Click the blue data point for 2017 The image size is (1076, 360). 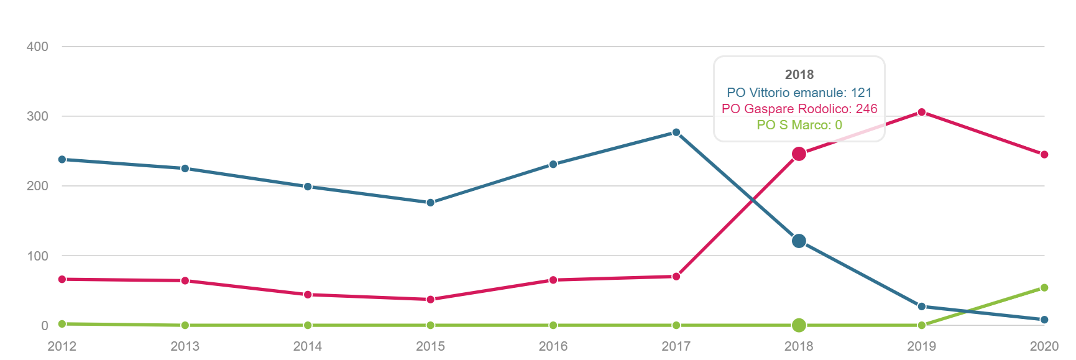(676, 132)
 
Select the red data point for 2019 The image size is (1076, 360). (922, 113)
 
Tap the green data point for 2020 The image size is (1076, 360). (1044, 288)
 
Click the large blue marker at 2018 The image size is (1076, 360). (799, 241)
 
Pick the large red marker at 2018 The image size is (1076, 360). (799, 154)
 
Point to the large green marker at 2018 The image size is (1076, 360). (799, 325)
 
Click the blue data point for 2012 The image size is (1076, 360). (62, 160)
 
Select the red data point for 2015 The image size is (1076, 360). (430, 300)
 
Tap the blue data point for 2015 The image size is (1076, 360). (430, 203)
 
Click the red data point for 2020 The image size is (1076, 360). (1044, 155)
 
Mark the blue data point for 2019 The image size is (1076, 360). (922, 307)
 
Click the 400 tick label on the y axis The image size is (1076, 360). (37, 47)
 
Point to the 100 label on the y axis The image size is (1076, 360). (37, 256)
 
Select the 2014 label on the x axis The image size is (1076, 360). (308, 346)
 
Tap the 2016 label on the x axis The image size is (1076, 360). (553, 346)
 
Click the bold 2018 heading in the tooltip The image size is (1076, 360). (799, 75)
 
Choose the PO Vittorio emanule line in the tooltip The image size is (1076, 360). (799, 93)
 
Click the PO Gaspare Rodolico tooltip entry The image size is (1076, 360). (799, 109)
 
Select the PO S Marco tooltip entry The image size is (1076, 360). (799, 125)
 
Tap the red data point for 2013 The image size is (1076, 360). (185, 281)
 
